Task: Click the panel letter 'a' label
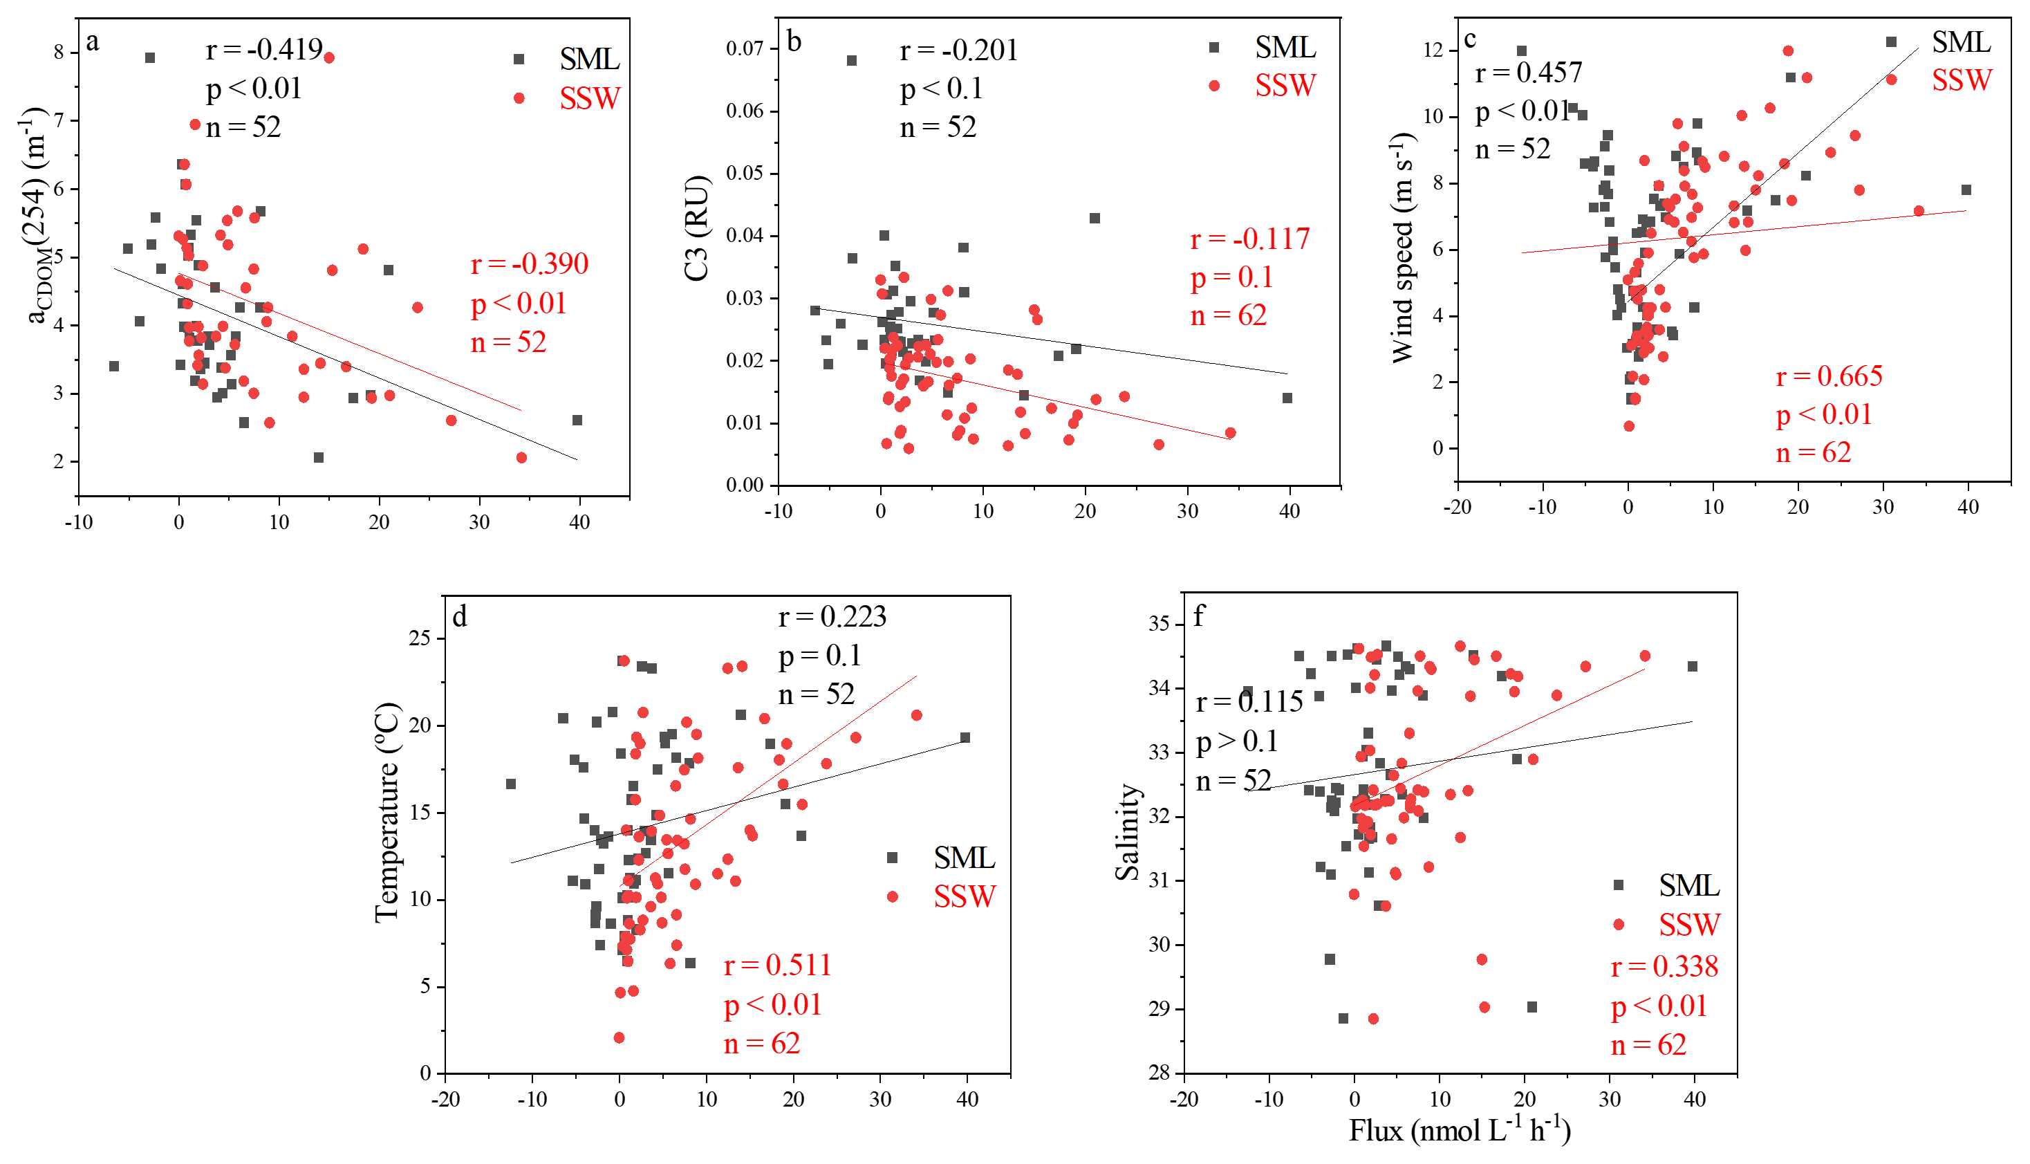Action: pos(93,41)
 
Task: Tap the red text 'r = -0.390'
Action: pos(529,264)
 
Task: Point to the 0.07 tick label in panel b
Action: pos(744,49)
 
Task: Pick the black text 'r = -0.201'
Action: pos(958,50)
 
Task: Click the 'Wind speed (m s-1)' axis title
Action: pos(1404,248)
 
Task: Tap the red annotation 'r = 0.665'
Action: pos(1829,376)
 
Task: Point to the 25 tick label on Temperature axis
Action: pos(419,638)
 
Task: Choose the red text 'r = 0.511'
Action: pos(777,965)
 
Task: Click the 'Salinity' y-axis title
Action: pos(1127,832)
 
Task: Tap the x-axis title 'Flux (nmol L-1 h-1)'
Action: pos(1460,1130)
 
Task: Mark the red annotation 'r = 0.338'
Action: pos(1664,966)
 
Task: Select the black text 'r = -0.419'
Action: pos(263,50)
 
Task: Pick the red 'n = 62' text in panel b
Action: pos(1229,316)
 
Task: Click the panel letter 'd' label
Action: pos(460,616)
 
